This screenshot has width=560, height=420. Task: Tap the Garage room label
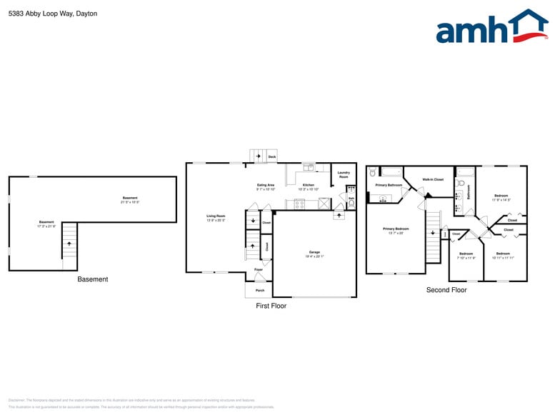click(314, 253)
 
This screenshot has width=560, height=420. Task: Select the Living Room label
click(216, 217)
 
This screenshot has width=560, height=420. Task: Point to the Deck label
click(271, 156)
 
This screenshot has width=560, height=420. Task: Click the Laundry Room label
click(344, 174)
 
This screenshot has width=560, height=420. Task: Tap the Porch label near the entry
click(260, 291)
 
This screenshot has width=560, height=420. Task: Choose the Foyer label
click(259, 269)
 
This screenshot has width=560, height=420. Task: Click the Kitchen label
click(308, 186)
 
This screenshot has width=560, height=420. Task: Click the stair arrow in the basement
click(69, 244)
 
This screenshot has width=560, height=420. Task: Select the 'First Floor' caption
click(271, 306)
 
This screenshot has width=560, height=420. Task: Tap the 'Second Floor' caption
click(446, 290)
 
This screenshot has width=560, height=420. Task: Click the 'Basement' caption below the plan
click(92, 279)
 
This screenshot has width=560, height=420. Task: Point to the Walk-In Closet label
click(433, 179)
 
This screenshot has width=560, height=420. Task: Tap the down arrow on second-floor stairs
click(432, 232)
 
